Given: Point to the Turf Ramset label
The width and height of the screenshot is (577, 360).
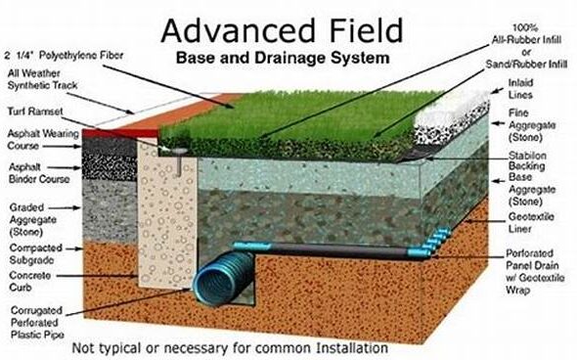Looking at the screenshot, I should tap(35, 112).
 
